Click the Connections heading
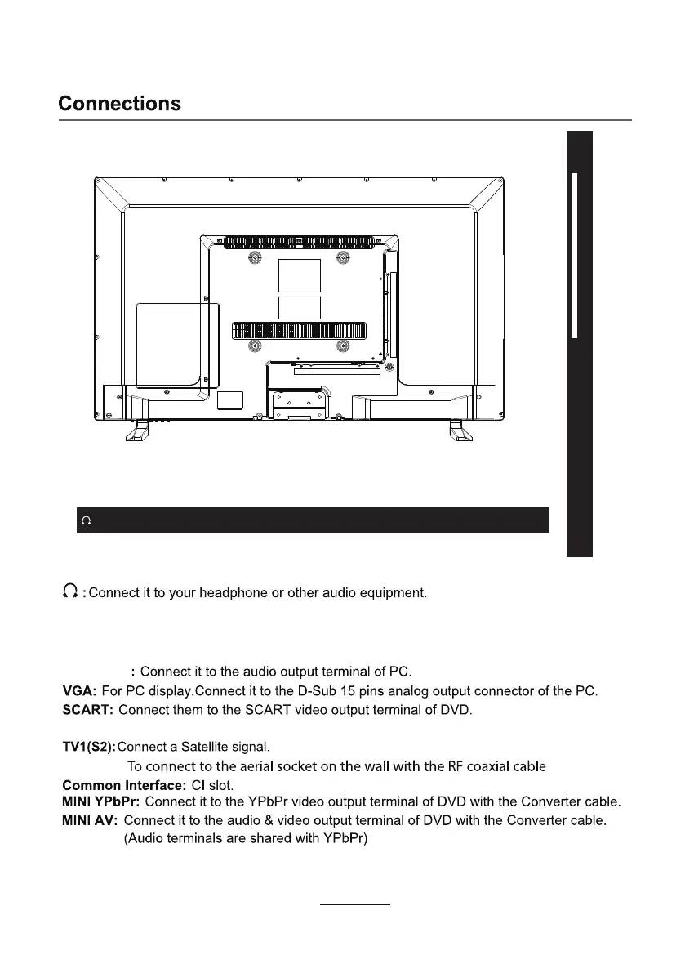pos(119,105)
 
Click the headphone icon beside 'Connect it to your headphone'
pos(71,592)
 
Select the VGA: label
pos(79,692)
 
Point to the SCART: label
pos(87,711)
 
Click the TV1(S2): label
pos(89,747)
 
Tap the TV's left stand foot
pos(137,430)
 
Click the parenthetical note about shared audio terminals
pos(246,838)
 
